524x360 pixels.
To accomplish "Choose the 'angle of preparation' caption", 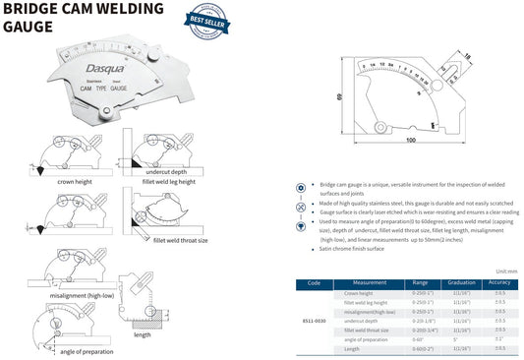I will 87,351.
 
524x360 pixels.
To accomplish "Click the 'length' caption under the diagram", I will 143,333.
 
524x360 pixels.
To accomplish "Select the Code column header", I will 314,281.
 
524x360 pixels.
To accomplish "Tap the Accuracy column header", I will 500,281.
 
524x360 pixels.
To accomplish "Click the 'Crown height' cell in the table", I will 358,293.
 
